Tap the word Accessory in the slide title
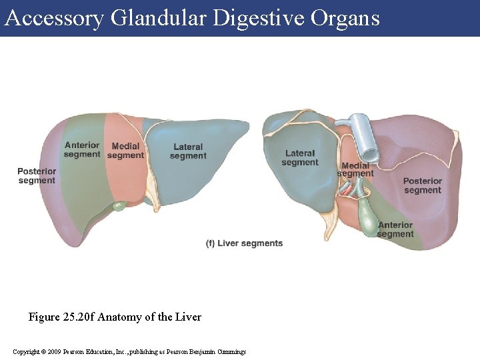pyautogui.click(x=54, y=18)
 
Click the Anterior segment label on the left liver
pyautogui.click(x=82, y=150)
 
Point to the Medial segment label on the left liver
pyautogui.click(x=125, y=151)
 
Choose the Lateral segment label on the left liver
pyautogui.click(x=188, y=151)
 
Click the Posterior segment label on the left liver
pyautogui.click(x=37, y=176)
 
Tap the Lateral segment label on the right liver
pyautogui.click(x=300, y=158)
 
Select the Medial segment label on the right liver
pyautogui.click(x=355, y=169)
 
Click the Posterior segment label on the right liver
pyautogui.click(x=423, y=185)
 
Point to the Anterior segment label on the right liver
pyautogui.click(x=395, y=229)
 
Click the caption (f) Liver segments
pyautogui.click(x=244, y=243)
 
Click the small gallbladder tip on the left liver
pyautogui.click(x=119, y=207)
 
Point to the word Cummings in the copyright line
pyautogui.click(x=232, y=351)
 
